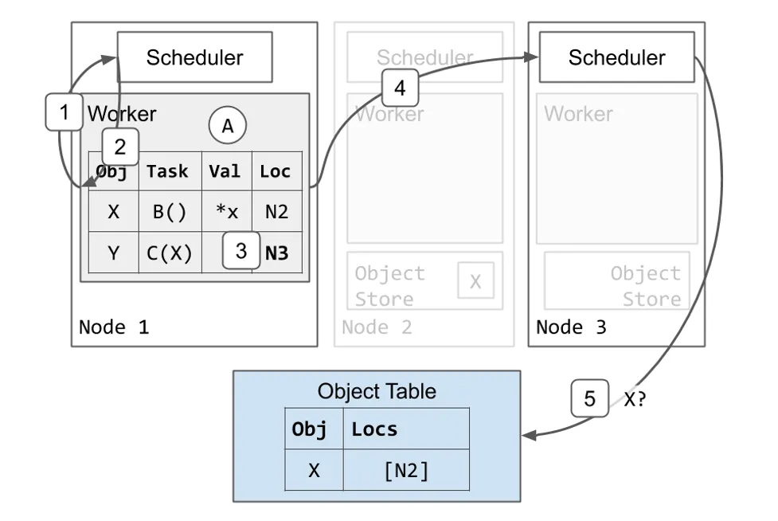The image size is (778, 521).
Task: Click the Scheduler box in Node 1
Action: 194,57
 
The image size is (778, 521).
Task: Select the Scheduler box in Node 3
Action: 616,57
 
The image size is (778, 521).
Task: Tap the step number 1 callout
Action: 65,112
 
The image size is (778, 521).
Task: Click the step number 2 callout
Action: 120,147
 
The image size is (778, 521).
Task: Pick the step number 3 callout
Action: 241,251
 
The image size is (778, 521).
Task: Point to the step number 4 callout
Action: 400,88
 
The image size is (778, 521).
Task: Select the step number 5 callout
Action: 589,398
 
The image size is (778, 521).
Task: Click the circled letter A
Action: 228,126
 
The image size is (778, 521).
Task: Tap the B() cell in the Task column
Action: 169,212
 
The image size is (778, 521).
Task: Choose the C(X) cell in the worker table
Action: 169,253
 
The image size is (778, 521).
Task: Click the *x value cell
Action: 226,212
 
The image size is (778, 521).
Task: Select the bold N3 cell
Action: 277,253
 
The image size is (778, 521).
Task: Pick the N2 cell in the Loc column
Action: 277,212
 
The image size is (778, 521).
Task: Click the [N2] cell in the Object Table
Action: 405,470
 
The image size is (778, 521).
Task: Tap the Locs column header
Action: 374,429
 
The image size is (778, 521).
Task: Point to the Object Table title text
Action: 377,391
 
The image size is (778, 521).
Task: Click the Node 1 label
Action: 113,327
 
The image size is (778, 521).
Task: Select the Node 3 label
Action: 571,327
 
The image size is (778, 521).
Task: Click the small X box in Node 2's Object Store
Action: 475,281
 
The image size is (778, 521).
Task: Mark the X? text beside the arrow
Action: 635,399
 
